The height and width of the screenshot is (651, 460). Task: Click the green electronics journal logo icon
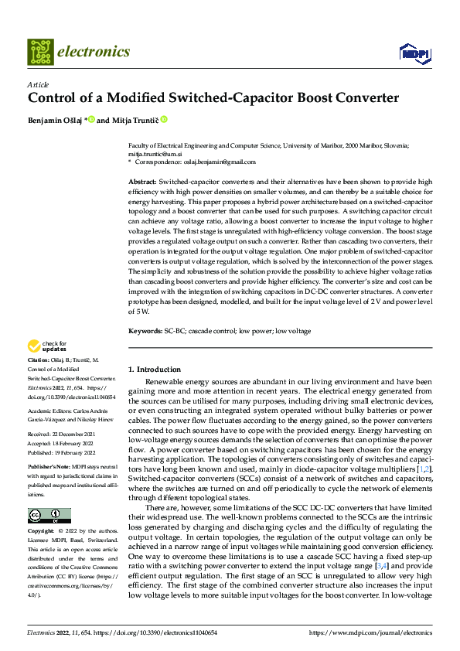point(40,52)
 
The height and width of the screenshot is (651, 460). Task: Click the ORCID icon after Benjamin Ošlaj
point(91,120)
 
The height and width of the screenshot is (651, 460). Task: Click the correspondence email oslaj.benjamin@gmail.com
point(213,161)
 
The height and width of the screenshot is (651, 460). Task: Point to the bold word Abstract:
point(142,180)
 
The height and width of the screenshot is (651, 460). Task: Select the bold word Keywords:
point(145,331)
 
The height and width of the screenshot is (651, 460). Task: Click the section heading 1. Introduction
point(155,370)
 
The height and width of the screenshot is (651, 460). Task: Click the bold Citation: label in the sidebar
point(39,361)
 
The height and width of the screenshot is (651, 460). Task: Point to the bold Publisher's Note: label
point(50,469)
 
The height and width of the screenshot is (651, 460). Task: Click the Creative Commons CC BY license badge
point(49,515)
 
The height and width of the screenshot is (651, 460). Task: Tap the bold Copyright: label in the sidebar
point(42,532)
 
